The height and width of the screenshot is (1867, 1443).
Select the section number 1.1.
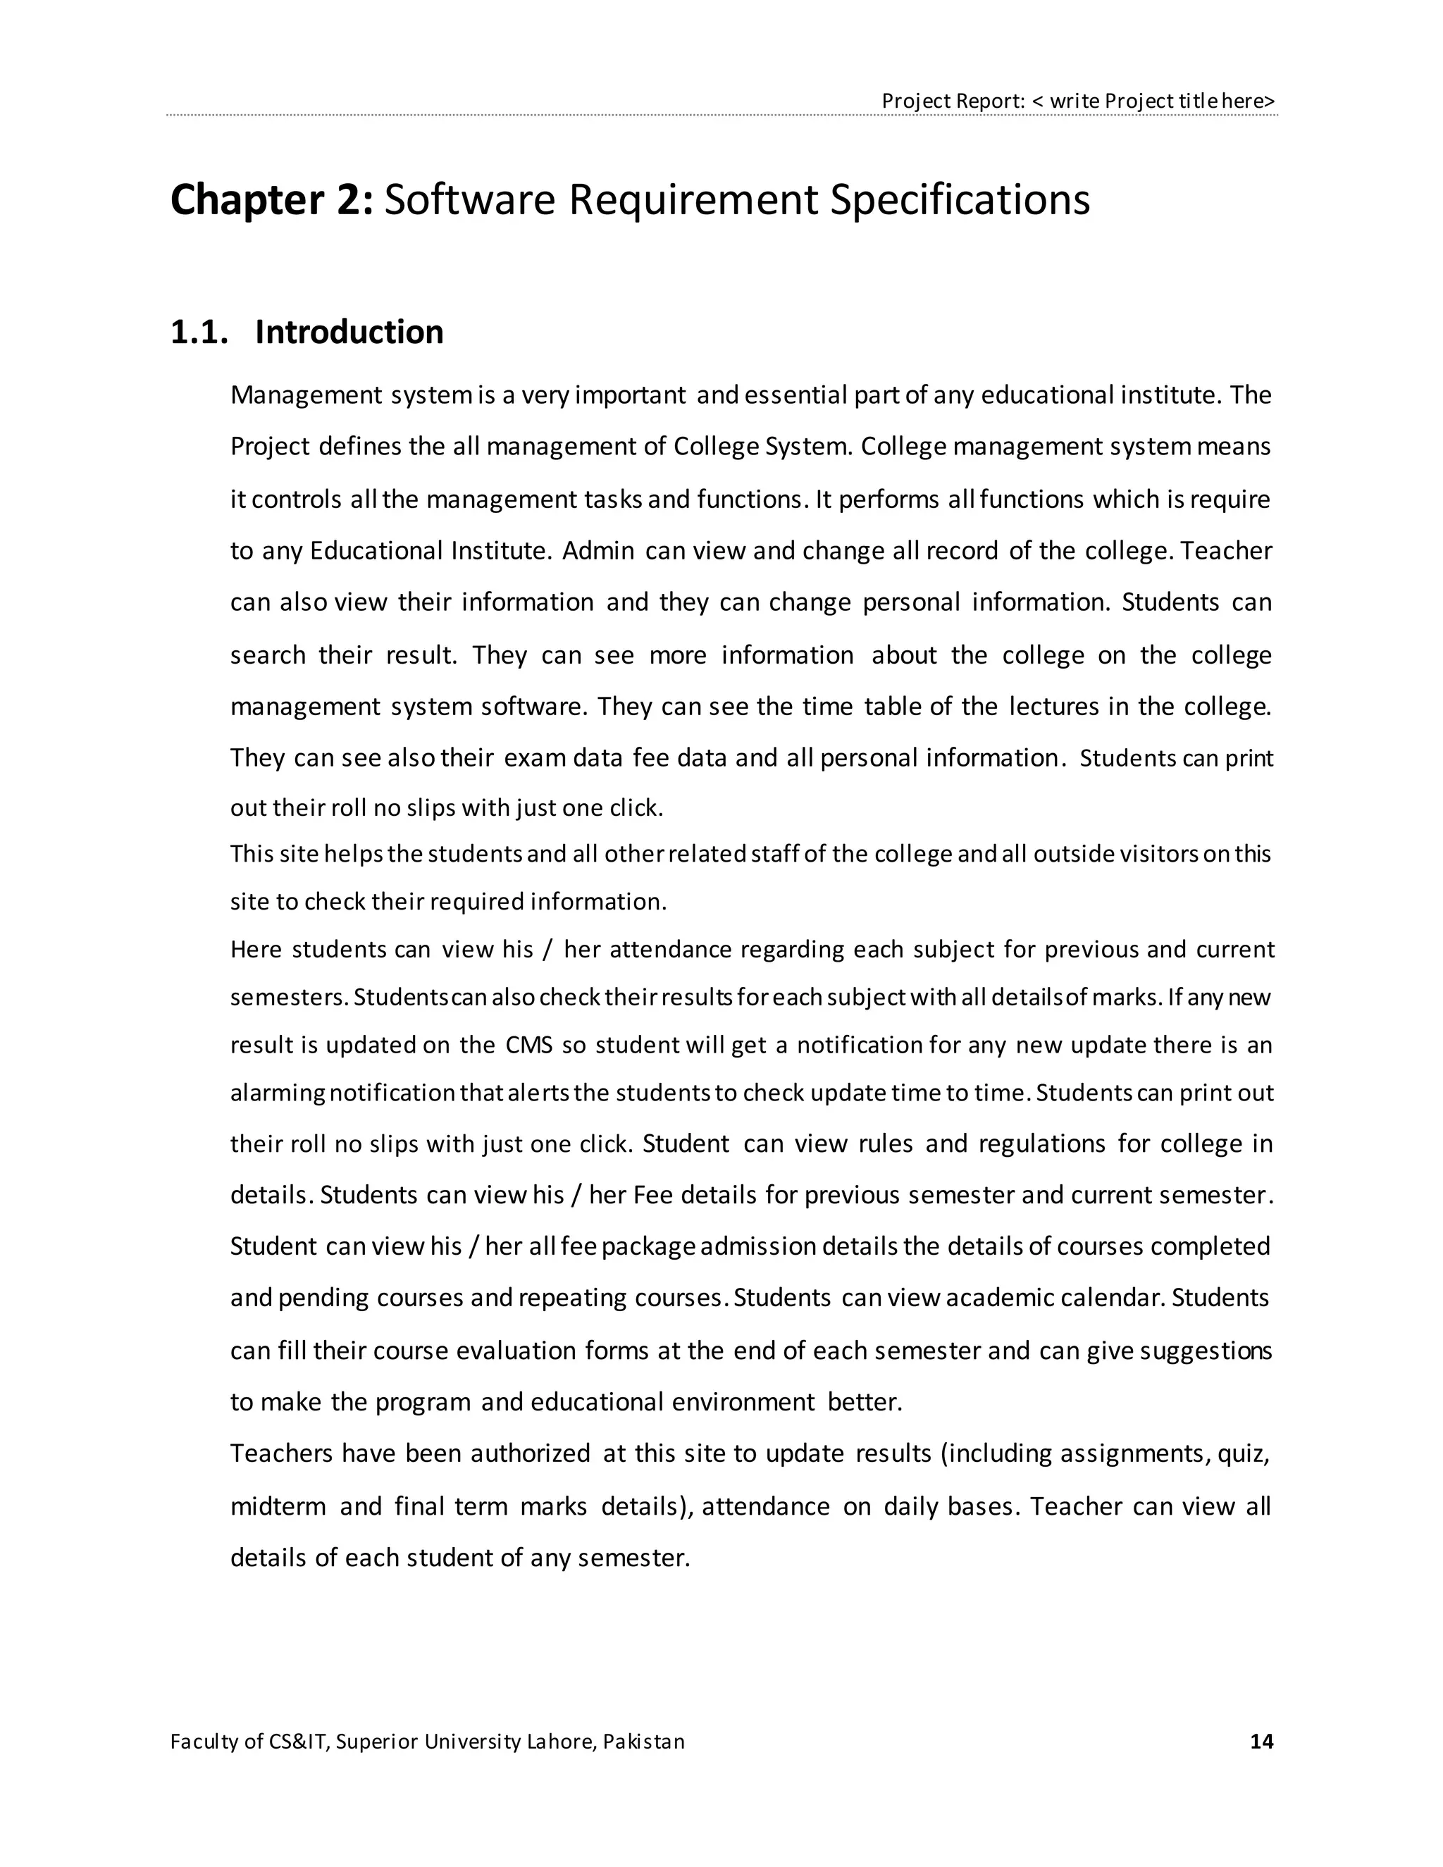(x=199, y=333)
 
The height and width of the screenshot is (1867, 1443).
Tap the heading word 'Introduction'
(x=349, y=333)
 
